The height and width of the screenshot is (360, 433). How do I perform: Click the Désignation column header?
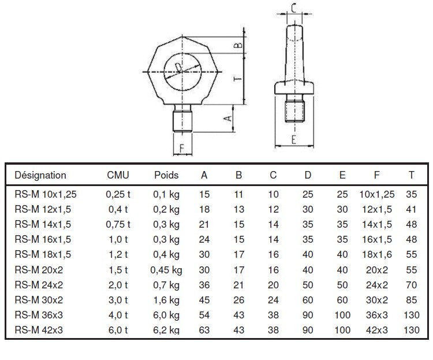[40, 175]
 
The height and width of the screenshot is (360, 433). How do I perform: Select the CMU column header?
[118, 175]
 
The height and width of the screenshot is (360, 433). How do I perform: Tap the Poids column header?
[166, 175]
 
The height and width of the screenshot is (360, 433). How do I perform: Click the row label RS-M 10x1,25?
[46, 194]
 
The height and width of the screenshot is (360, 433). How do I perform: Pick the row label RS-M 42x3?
[39, 330]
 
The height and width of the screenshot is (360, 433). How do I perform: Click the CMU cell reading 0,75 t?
[118, 224]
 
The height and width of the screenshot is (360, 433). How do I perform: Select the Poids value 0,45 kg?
[166, 270]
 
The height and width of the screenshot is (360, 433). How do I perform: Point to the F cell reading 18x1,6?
[377, 254]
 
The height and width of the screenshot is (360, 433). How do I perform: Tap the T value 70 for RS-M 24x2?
[411, 285]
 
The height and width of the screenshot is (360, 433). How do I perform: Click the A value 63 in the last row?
[204, 330]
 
